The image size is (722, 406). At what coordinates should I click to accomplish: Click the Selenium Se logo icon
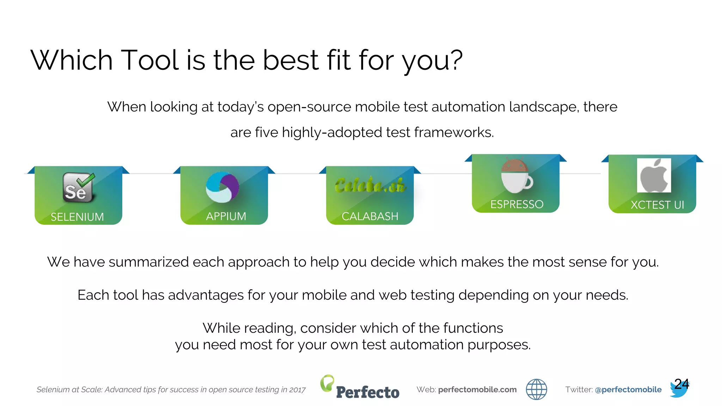(x=79, y=188)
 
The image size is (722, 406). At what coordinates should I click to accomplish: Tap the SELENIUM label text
(x=77, y=217)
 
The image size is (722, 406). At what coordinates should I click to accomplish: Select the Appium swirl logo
(x=222, y=187)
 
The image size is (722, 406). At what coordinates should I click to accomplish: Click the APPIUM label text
(x=226, y=216)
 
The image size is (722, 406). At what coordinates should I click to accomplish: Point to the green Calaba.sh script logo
(x=370, y=185)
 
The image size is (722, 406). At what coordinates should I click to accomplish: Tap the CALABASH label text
(x=370, y=216)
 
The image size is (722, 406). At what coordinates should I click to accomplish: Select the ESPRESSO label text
(x=517, y=204)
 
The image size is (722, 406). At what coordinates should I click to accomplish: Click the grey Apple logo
(x=654, y=175)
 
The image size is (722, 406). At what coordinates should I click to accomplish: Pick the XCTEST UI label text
(x=657, y=205)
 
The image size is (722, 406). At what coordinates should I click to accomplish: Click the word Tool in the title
(x=150, y=60)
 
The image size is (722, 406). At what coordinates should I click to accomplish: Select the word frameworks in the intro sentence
(x=454, y=133)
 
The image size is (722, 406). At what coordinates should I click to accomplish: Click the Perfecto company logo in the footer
(x=360, y=388)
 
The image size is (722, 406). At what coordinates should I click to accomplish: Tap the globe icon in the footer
(x=536, y=389)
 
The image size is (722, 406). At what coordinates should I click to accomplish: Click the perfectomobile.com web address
(x=477, y=389)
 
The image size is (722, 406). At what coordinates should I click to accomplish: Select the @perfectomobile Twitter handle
(x=628, y=389)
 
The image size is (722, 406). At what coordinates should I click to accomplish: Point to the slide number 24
(x=681, y=384)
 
